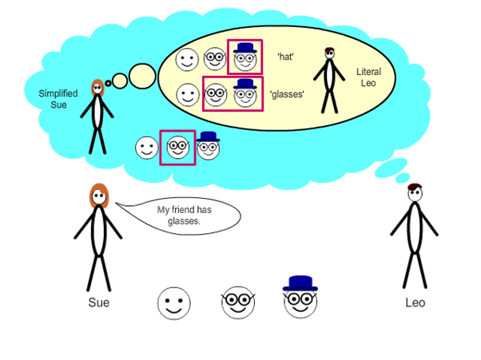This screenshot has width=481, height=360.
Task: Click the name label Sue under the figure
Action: pos(99,303)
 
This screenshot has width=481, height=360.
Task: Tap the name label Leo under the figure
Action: pos(415,303)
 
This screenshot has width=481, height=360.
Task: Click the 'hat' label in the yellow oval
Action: pos(285,57)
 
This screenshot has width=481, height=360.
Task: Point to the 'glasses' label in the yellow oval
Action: pos(287,94)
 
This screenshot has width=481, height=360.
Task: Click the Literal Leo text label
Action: pos(368,77)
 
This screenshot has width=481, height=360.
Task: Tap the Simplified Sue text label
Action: pos(58,99)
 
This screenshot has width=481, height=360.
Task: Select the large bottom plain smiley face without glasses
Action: pos(174,303)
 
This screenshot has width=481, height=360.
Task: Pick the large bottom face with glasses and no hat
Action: pos(238,303)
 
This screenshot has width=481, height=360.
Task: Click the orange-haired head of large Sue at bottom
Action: pos(99,196)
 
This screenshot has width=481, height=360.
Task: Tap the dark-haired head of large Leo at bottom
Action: pos(415,192)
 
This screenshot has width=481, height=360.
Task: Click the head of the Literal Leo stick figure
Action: pos(330,53)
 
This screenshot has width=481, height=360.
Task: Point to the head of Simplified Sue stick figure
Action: pos(97,88)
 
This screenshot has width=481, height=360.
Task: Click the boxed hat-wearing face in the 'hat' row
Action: pos(244,57)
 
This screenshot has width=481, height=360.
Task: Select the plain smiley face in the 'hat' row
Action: pos(187,59)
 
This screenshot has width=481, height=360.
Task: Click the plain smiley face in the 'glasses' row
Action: pos(188,95)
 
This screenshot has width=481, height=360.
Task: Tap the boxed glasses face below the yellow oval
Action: pos(178,148)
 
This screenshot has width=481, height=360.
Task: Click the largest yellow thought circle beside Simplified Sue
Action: pos(142,76)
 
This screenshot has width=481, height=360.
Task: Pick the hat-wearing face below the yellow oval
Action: pos(208,146)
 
